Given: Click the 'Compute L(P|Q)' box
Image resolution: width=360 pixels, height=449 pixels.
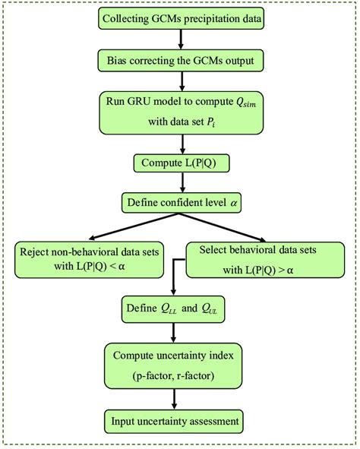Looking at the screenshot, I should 180,163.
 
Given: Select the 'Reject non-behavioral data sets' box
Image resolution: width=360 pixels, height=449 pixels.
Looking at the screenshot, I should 89,259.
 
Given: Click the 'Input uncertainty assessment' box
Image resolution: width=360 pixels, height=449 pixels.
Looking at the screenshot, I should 176,420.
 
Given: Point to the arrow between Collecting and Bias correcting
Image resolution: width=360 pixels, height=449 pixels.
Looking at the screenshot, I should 180,39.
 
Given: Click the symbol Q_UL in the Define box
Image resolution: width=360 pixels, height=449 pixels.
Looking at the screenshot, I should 215,310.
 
